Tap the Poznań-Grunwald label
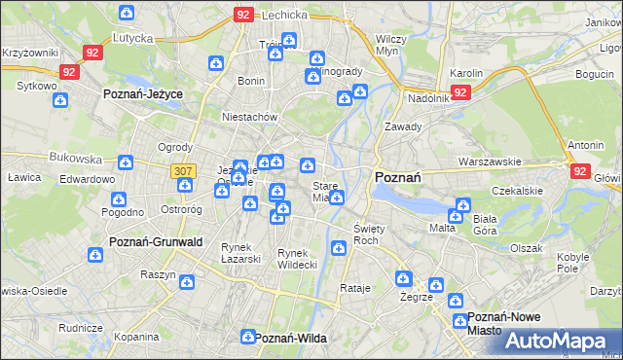[155, 240]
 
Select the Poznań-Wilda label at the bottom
[289, 338]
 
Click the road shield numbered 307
[182, 170]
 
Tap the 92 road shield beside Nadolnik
[460, 92]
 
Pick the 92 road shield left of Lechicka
[244, 16]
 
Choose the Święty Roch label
[366, 234]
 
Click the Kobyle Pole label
[573, 263]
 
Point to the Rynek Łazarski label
[240, 252]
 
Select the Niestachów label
[250, 117]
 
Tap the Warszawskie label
[492, 161]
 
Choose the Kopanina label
[135, 337]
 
